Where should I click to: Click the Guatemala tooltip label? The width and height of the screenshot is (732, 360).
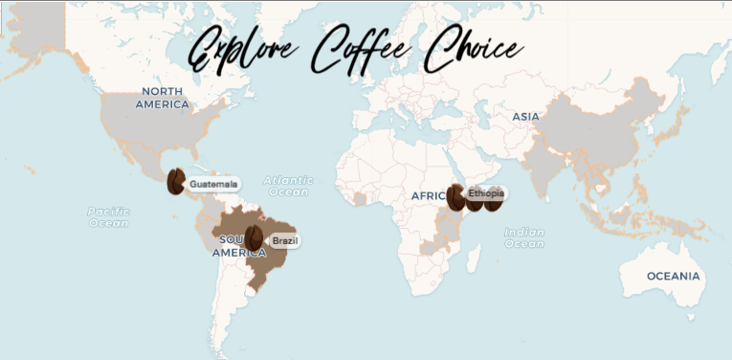(212, 184)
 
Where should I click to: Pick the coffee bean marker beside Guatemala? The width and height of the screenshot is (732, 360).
(175, 181)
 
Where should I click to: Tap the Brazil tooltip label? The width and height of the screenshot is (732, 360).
(284, 241)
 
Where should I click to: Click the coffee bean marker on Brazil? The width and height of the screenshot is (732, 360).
(255, 237)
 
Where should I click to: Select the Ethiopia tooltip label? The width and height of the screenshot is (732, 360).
(485, 193)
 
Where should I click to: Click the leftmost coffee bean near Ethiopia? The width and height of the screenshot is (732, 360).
(455, 197)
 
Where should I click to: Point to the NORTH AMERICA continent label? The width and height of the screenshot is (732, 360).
(162, 97)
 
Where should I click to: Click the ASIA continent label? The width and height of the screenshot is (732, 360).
(525, 116)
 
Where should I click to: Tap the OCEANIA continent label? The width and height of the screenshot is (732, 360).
(673, 276)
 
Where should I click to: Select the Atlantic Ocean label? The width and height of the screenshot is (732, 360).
(288, 186)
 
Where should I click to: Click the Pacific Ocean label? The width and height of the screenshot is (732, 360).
(108, 216)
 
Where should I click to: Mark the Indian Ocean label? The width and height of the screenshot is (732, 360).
(523, 237)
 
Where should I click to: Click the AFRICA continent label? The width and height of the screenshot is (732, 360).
(427, 195)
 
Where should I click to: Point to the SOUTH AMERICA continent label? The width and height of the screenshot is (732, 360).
(231, 246)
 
